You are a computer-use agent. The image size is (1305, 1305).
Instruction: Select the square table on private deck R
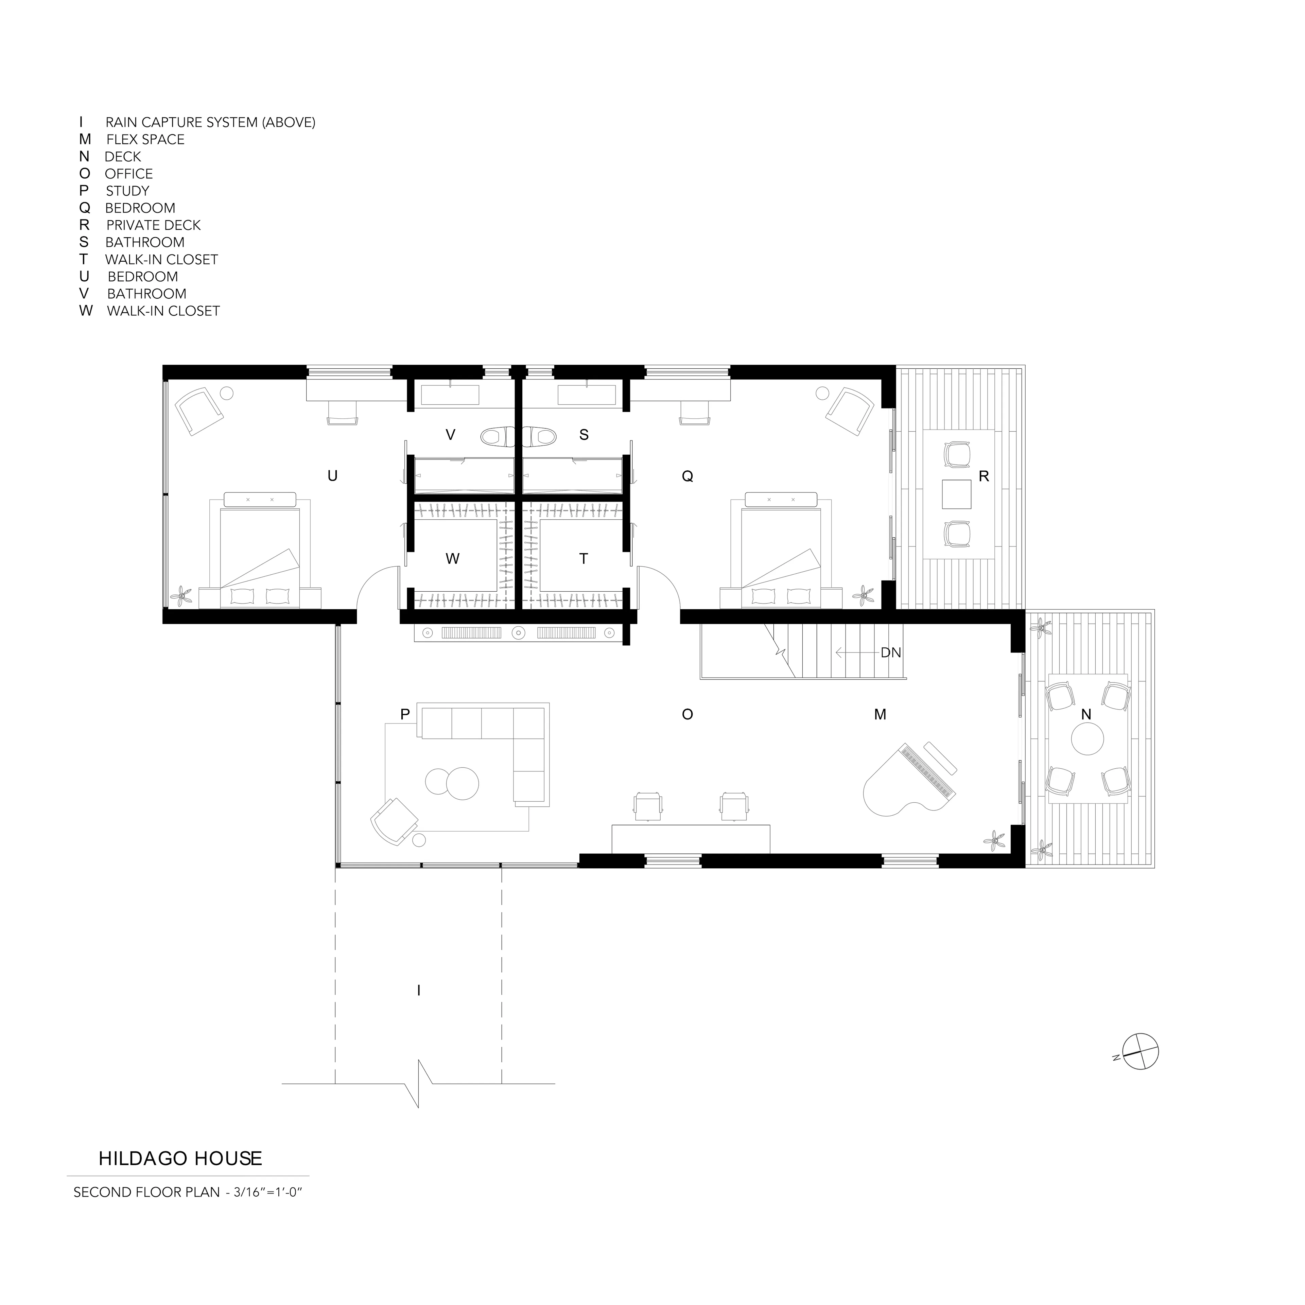[x=956, y=494]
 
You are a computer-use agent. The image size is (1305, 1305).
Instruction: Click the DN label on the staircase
[x=891, y=653]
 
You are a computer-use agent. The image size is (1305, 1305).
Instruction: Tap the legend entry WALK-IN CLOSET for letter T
[x=161, y=259]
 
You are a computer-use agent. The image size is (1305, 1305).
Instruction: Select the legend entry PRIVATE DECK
[x=153, y=225]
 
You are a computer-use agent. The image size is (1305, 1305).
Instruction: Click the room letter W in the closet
[x=453, y=559]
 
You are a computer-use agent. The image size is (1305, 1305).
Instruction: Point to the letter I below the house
[x=419, y=991]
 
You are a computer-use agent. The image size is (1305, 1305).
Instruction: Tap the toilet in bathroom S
[x=539, y=437]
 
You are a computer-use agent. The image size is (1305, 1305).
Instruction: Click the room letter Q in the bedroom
[x=688, y=476]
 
